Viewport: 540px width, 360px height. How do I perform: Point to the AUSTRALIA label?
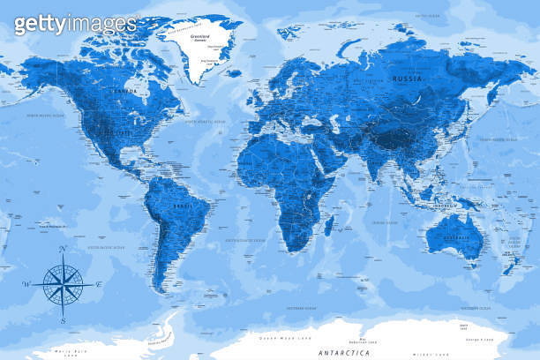(x=454, y=237)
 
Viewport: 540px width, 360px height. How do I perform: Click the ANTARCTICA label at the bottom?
(x=346, y=352)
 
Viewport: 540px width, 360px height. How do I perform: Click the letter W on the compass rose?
(x=26, y=283)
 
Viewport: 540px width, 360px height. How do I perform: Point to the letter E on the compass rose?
(x=99, y=283)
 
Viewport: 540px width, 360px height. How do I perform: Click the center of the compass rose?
(x=63, y=283)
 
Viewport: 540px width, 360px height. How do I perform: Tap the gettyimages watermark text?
(x=75, y=24)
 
